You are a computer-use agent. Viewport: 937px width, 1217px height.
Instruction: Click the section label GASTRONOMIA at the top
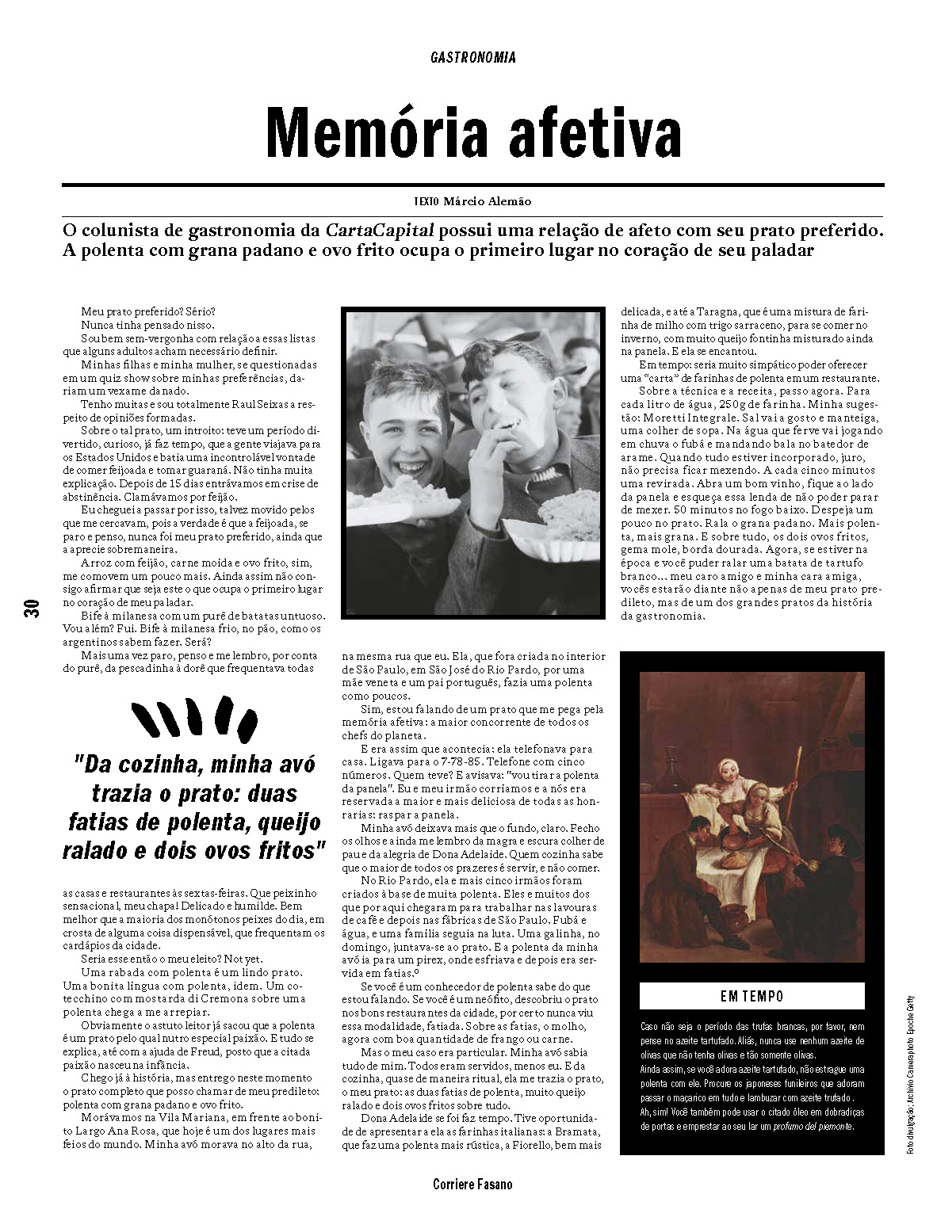click(473, 57)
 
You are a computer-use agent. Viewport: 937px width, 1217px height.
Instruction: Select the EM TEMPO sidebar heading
click(752, 996)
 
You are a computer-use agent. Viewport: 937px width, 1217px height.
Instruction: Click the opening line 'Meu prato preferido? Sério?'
click(147, 313)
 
